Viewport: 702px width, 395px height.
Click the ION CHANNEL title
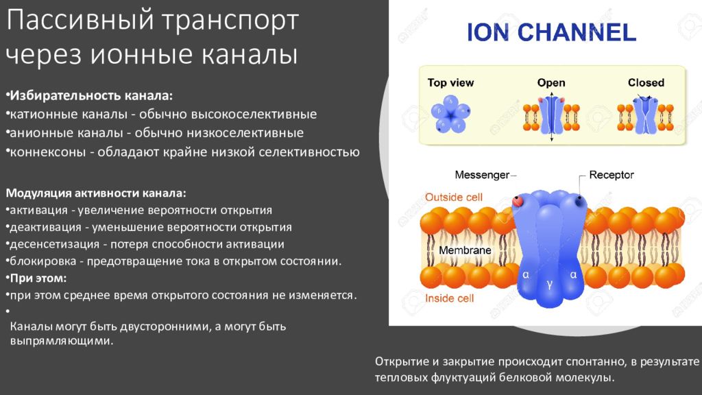(x=551, y=32)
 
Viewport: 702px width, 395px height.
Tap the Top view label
(x=450, y=82)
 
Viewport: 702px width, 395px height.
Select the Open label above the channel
(x=551, y=82)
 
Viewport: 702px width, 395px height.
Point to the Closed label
(x=646, y=82)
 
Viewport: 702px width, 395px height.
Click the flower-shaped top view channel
(x=450, y=114)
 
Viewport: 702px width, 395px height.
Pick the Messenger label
(x=482, y=175)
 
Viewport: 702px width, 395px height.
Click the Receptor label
(x=611, y=175)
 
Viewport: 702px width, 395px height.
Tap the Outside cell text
(x=454, y=197)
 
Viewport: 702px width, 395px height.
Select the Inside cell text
(x=449, y=298)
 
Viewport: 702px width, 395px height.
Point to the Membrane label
(x=465, y=250)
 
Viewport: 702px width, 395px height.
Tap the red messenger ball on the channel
(x=518, y=201)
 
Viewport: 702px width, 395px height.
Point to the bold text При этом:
(x=38, y=278)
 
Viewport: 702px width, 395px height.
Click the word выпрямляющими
(x=61, y=341)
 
